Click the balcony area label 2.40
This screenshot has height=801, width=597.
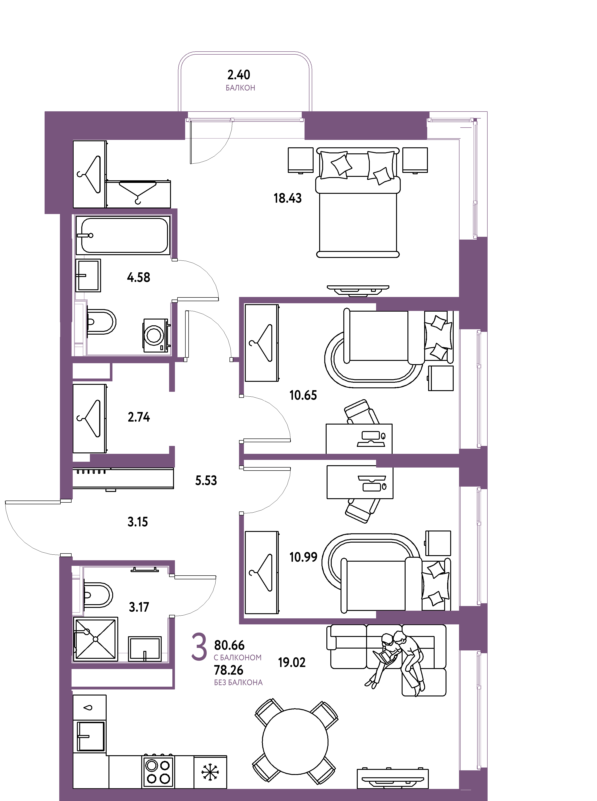(239, 75)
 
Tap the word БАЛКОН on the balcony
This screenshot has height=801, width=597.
(240, 88)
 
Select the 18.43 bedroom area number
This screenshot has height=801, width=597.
(287, 198)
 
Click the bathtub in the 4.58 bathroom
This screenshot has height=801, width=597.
(123, 235)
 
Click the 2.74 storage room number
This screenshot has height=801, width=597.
(139, 417)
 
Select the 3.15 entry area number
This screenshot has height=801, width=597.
(138, 522)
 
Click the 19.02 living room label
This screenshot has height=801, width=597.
(292, 662)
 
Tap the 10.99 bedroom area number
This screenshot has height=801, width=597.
(303, 557)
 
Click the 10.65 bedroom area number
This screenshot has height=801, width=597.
(303, 395)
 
